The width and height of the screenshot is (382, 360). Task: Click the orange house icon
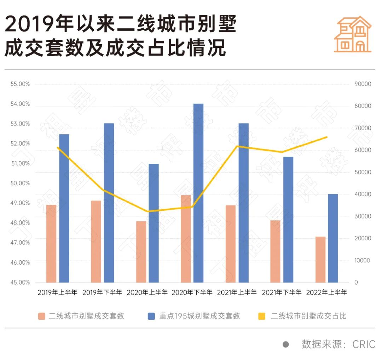coord(353,34)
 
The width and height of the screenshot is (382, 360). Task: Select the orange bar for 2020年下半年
coord(186,239)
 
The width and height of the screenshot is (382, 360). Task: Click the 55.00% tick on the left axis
coord(20,84)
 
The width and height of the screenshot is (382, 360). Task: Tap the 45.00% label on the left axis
coord(20,283)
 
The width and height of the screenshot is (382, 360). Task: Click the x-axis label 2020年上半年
coord(147,292)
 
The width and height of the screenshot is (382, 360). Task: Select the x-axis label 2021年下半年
coord(282,292)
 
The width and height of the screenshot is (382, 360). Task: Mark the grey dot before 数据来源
coord(286,344)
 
